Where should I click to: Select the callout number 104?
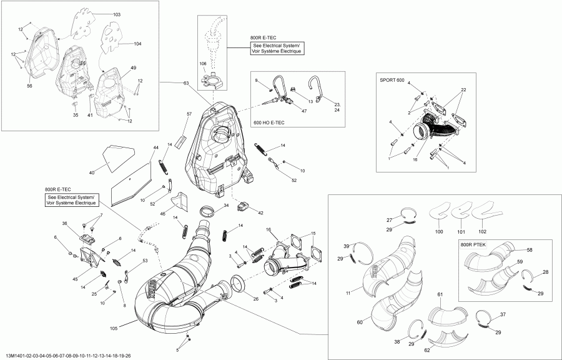coord(138,44)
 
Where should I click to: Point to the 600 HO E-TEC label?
coord(269,122)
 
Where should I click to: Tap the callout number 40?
coord(92,172)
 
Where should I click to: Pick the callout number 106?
coord(203,64)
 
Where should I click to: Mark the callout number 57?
coord(189,114)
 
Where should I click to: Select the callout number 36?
coord(64,223)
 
